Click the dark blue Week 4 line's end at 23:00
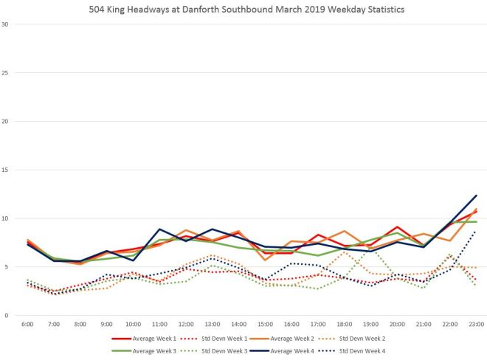[477, 195]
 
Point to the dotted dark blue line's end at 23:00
[477, 231]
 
